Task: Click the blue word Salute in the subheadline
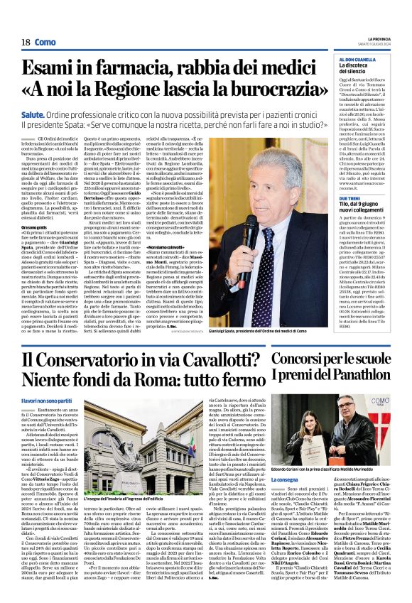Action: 54,113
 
